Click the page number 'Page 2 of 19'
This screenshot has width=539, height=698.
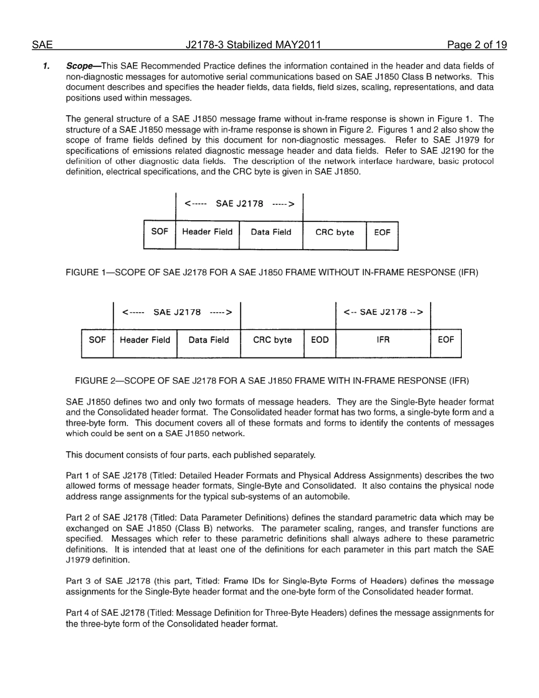[x=477, y=45]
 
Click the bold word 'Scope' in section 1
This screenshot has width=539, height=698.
[x=79, y=66]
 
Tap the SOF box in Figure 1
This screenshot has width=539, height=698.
[x=159, y=232]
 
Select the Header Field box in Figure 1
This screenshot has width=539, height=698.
[x=207, y=232]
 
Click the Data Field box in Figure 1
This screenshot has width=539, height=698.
[x=271, y=232]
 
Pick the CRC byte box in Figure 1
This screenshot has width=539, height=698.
[x=335, y=232]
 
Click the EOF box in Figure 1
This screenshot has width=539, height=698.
[x=382, y=232]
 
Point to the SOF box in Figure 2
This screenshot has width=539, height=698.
[x=97, y=340]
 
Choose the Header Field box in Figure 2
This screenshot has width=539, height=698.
[x=145, y=340]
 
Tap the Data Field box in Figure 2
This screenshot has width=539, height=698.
[x=208, y=340]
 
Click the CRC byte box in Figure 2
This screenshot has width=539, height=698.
[x=272, y=340]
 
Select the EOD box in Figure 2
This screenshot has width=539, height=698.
[x=319, y=340]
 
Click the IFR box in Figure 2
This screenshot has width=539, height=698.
[x=383, y=340]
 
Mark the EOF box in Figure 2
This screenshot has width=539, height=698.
[x=446, y=340]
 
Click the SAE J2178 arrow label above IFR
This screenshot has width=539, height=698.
[x=383, y=312]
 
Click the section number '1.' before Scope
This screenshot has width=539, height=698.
[x=47, y=66]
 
